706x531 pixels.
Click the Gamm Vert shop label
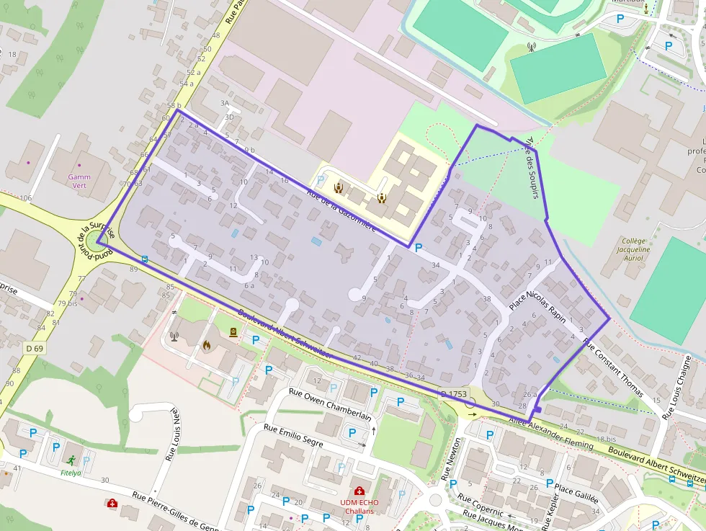coord(79,180)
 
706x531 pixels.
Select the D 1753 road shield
coord(454,394)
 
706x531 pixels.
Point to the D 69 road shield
coord(34,349)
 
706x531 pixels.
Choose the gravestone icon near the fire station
coord(233,333)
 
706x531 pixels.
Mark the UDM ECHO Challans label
coord(359,507)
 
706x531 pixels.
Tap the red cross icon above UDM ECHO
coord(359,491)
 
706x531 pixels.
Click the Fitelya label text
coord(71,473)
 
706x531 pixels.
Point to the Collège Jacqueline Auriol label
coord(635,250)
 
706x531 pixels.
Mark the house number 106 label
coord(27,198)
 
